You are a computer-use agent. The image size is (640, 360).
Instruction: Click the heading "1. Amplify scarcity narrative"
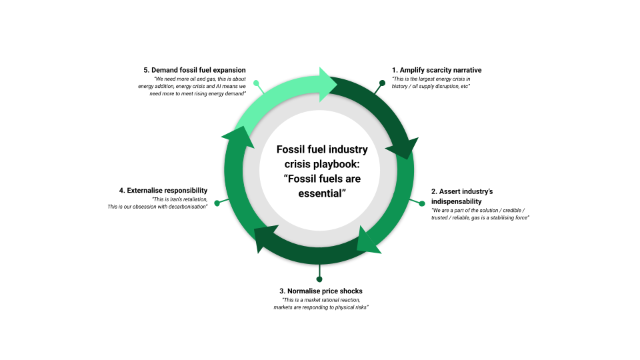pos(437,70)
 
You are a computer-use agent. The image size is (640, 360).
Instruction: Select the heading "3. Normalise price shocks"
pos(321,291)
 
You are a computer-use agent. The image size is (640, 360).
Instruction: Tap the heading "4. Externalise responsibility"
pos(163,190)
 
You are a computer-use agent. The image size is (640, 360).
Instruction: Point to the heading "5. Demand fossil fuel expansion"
pos(195,70)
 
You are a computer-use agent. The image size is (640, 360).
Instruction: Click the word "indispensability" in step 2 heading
pos(456,201)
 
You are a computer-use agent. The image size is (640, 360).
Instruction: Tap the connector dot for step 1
pos(382,83)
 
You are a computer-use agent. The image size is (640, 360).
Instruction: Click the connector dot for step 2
pos(421,203)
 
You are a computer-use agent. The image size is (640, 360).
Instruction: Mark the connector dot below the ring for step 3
pos(319,279)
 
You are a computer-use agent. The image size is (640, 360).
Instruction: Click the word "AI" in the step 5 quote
pos(223,87)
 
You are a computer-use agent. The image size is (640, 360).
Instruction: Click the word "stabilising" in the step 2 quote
pos(495,218)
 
